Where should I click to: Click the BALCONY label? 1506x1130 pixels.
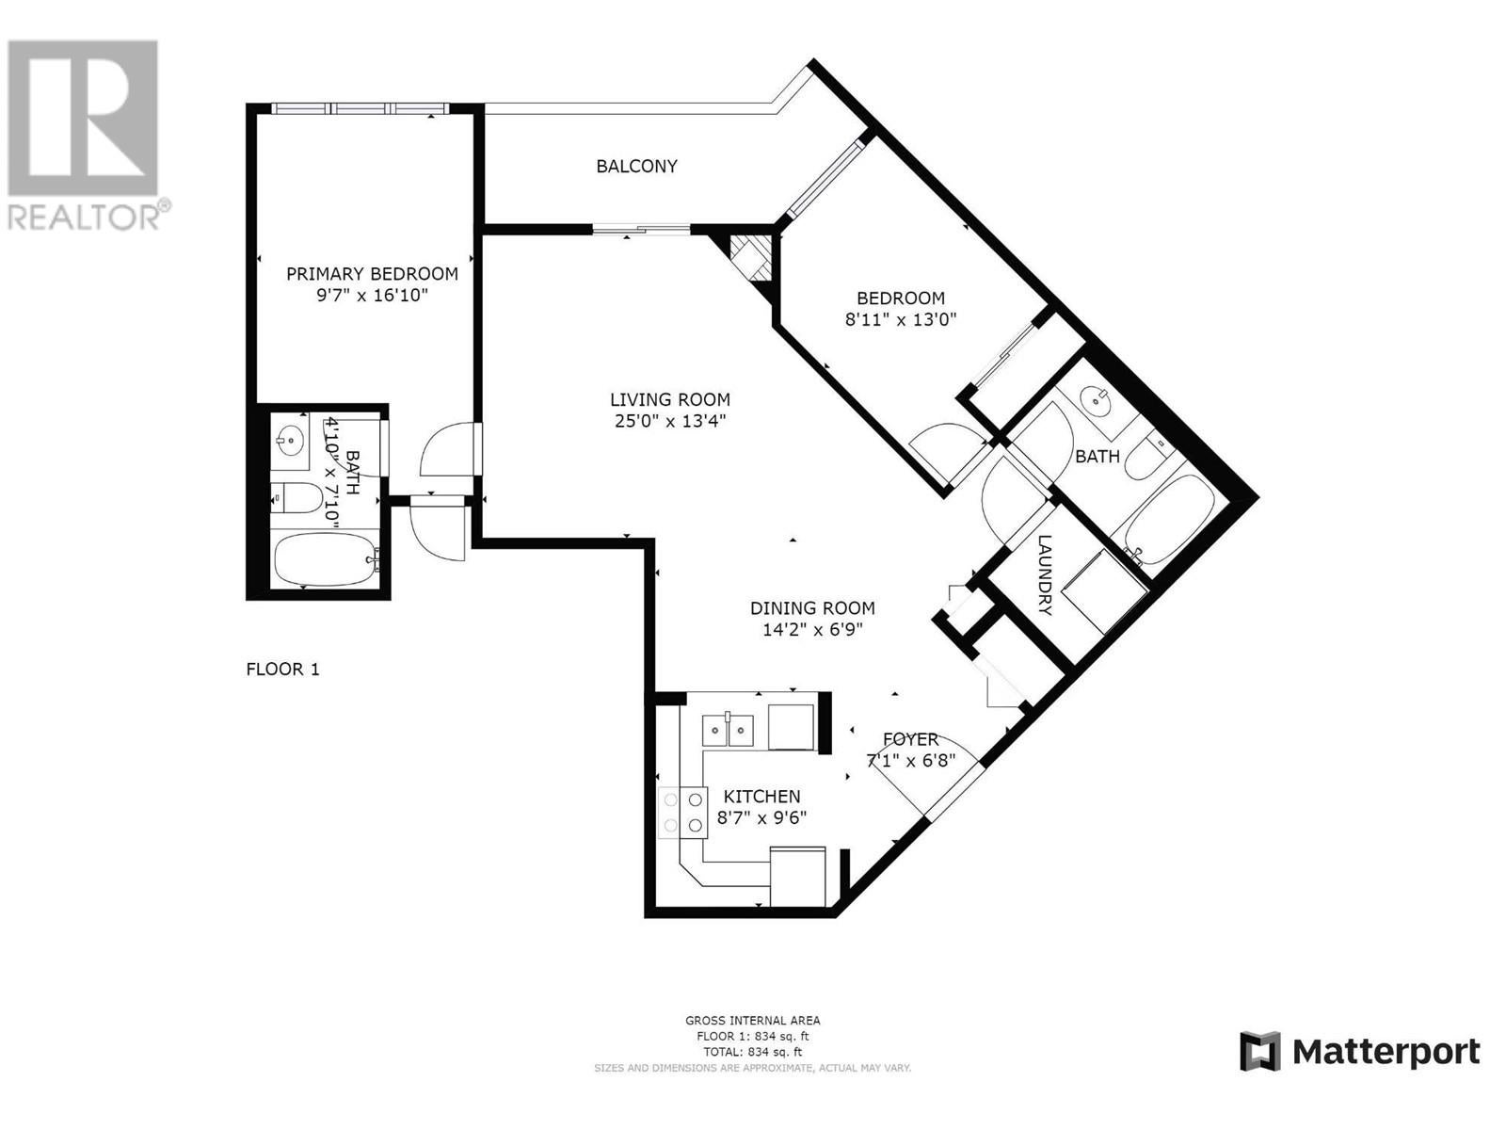(636, 166)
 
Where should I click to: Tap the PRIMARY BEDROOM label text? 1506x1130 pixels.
(372, 274)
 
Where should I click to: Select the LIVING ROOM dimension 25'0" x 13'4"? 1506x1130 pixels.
(670, 421)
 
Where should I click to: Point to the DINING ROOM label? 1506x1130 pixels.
(812, 608)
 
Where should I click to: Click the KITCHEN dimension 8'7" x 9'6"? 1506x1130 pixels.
(761, 817)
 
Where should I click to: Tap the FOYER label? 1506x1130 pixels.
(910, 739)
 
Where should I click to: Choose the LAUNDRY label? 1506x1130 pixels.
(1045, 575)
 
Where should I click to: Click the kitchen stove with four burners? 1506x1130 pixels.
(682, 813)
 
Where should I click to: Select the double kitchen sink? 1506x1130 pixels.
(728, 730)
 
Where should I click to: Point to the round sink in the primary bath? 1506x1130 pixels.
(291, 439)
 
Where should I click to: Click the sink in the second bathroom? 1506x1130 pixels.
(1095, 401)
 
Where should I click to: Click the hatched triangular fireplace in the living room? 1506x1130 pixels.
(749, 260)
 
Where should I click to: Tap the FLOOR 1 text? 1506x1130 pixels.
(282, 669)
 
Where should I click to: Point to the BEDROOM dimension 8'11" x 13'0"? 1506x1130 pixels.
(901, 319)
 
